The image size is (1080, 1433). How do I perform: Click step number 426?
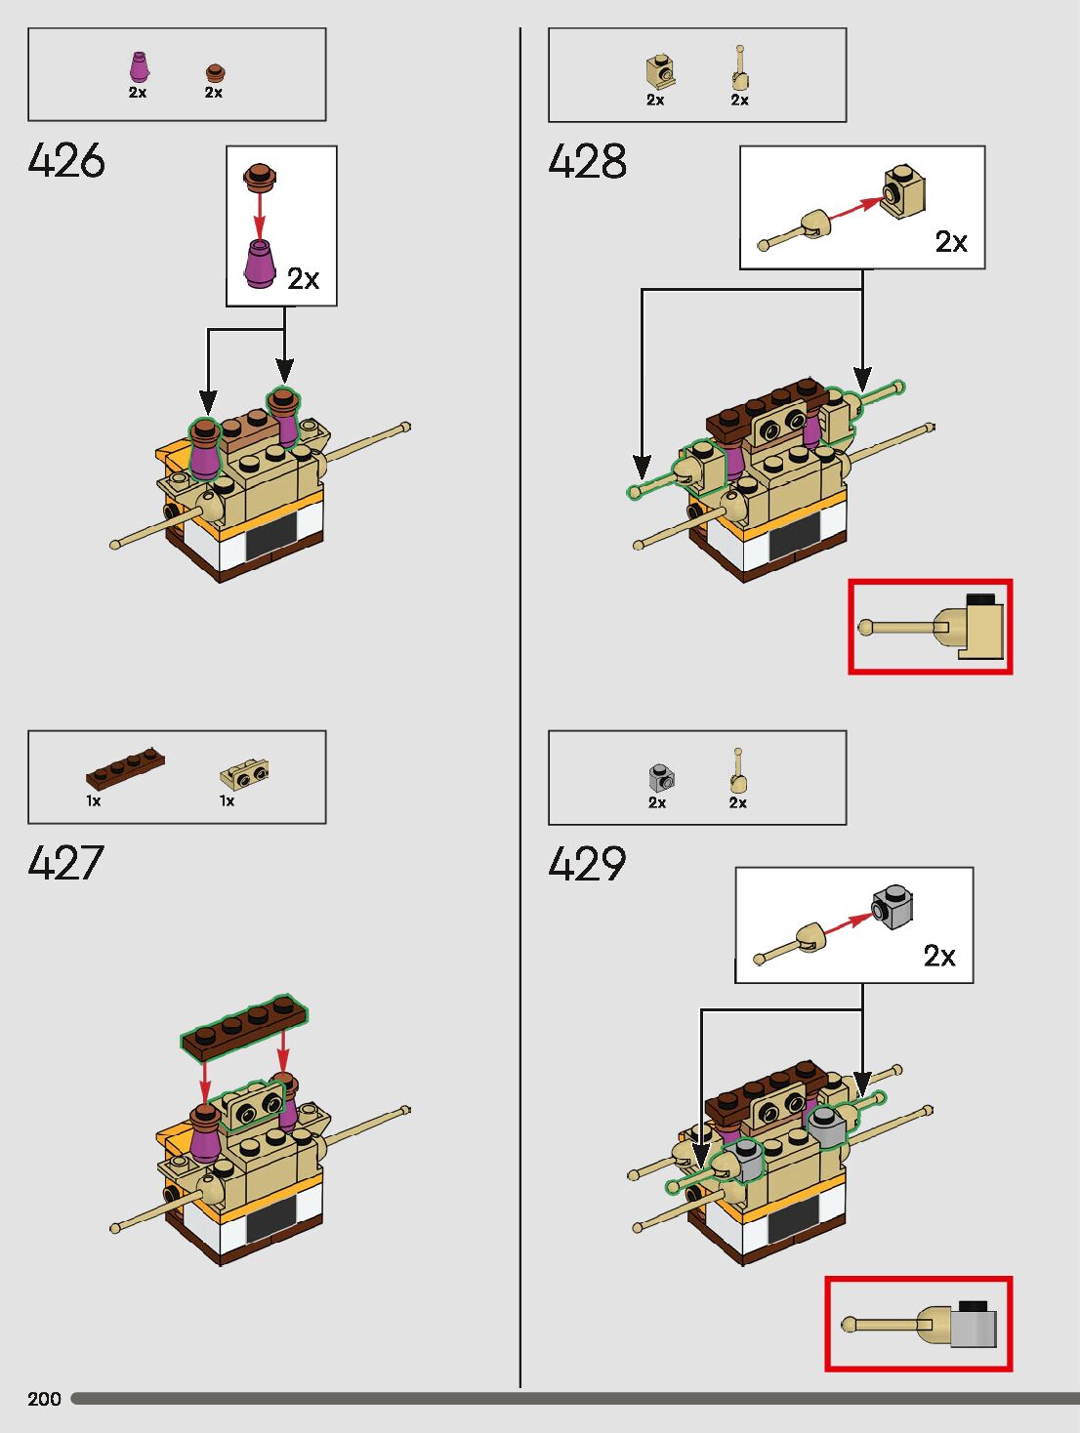[x=66, y=161]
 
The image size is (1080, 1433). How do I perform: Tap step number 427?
[x=66, y=864]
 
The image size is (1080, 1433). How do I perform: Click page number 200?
[x=44, y=1399]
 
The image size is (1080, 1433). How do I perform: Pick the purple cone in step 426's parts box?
[x=139, y=67]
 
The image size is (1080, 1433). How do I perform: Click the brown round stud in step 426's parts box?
[x=214, y=72]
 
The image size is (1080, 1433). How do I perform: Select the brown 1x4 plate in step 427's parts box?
[x=125, y=767]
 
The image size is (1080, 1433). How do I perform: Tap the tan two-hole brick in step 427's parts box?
[x=244, y=776]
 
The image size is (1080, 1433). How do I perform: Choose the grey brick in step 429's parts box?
[x=661, y=778]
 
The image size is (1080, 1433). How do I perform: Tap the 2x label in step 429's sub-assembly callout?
[x=939, y=956]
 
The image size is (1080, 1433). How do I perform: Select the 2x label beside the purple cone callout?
[x=303, y=279]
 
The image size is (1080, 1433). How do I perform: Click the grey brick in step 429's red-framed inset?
[x=974, y=1328]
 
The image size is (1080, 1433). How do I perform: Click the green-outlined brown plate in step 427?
[x=244, y=1027]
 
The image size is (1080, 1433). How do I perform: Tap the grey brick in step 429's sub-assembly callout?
[x=893, y=907]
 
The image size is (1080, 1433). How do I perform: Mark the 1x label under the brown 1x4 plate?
[x=94, y=800]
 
